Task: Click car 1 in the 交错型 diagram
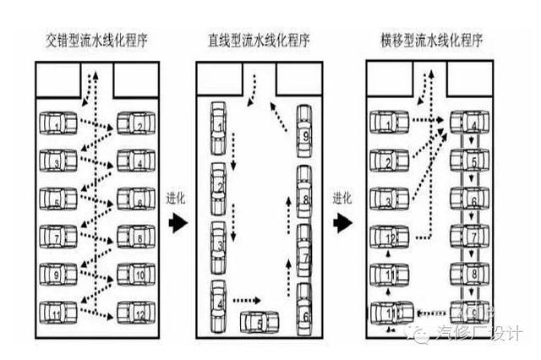click(55, 125)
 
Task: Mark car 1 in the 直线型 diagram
click(218, 125)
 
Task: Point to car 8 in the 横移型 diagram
click(472, 275)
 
